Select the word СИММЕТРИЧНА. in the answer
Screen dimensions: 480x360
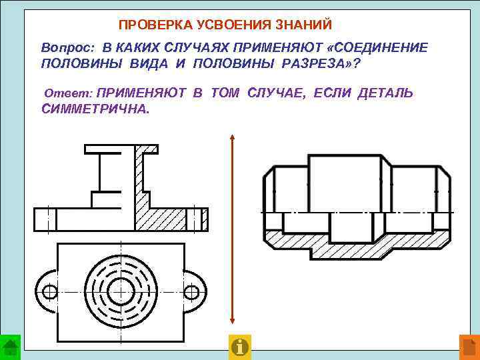(x=96, y=109)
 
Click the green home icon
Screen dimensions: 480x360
(x=11, y=347)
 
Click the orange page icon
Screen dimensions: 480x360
(x=469, y=347)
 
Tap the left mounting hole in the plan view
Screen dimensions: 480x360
(x=49, y=291)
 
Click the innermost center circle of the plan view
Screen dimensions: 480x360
(x=121, y=291)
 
